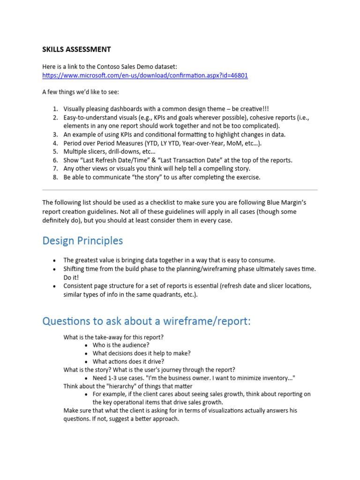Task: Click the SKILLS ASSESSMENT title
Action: (x=76, y=49)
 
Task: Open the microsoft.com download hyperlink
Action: (x=145, y=75)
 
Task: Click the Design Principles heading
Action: (x=82, y=240)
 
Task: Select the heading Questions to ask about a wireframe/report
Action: (x=146, y=321)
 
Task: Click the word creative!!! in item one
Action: (x=253, y=109)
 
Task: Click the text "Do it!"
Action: (x=71, y=277)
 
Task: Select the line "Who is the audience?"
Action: (x=121, y=345)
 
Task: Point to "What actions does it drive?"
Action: (x=128, y=361)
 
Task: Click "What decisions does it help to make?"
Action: (x=142, y=353)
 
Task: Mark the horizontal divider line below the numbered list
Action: (x=180, y=190)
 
